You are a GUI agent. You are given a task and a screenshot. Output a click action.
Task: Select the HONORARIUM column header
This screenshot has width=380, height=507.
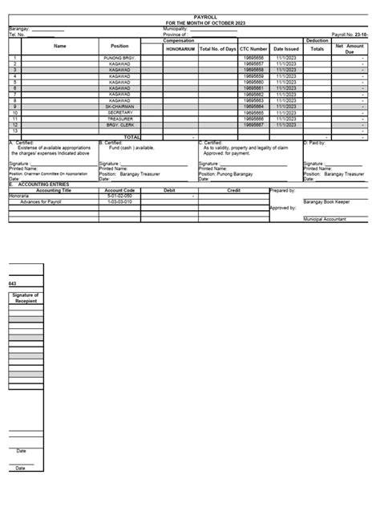(180, 49)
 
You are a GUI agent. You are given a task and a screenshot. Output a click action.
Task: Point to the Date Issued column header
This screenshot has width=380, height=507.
(285, 49)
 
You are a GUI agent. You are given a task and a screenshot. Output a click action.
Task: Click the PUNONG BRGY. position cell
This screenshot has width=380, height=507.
(120, 59)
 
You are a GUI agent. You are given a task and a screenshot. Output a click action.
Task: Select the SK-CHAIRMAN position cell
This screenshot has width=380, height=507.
(120, 106)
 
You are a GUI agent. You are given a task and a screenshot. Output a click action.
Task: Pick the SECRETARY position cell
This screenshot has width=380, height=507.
(120, 112)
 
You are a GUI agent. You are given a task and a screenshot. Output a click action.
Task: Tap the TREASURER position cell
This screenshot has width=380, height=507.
(120, 119)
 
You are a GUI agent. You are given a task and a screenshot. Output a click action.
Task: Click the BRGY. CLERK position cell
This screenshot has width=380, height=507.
(120, 125)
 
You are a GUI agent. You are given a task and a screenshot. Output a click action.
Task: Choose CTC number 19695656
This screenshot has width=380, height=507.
(253, 59)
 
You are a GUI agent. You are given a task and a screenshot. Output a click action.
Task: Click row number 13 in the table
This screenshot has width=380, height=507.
(14, 132)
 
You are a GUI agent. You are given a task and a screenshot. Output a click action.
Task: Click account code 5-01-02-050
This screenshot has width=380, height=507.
(120, 196)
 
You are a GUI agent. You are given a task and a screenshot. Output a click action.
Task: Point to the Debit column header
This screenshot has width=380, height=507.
(169, 190)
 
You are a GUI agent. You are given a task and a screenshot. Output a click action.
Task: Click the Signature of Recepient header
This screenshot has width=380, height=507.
(26, 301)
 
